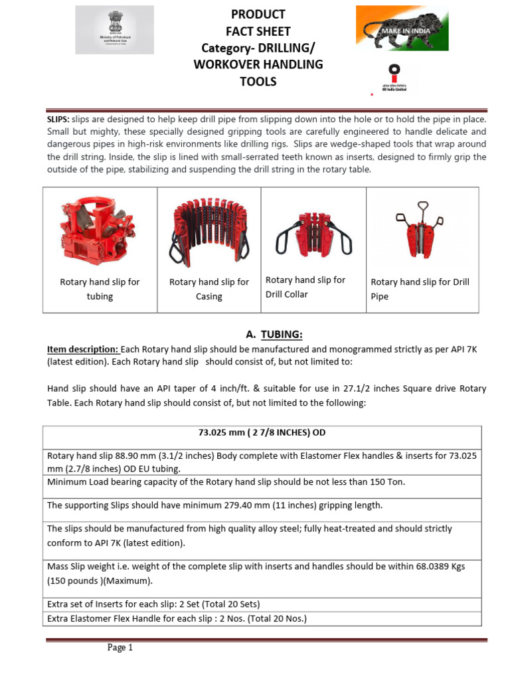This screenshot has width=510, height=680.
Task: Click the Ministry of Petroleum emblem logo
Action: point(114,29)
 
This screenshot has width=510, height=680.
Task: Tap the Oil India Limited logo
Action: point(394,78)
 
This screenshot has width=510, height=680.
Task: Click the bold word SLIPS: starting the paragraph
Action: point(58,119)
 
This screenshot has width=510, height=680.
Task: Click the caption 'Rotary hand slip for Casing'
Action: point(209,289)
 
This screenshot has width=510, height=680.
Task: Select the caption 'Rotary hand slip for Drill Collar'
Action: point(305,287)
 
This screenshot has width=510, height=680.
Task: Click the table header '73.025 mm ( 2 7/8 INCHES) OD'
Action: point(264,432)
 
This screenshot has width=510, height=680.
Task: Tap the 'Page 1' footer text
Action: point(120,647)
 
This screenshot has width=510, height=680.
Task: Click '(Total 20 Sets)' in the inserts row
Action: point(229,604)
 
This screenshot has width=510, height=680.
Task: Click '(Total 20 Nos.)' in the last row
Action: point(273,618)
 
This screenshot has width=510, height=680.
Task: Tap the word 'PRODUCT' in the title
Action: point(258,15)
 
